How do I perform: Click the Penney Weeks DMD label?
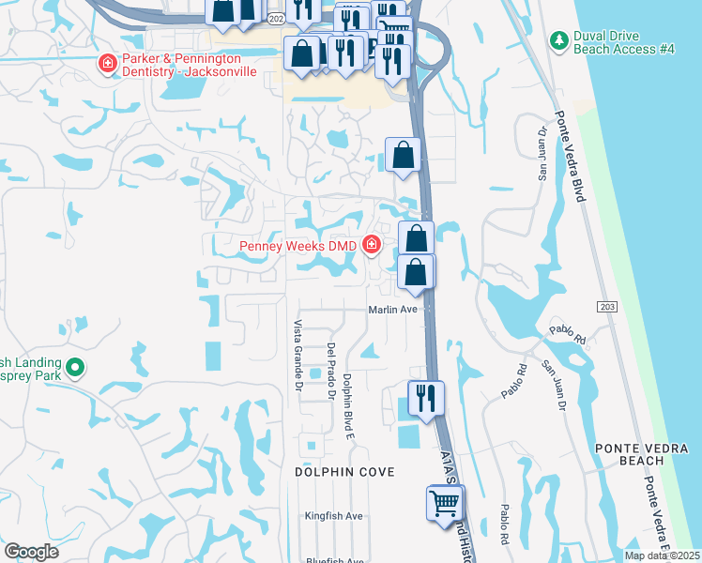298,247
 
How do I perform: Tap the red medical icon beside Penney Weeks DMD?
373,246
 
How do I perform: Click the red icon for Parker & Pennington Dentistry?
107,64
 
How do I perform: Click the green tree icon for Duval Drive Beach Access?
557,41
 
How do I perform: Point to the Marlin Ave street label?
392,309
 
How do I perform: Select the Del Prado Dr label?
331,371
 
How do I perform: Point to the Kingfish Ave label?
333,516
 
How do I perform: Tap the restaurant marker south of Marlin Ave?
425,399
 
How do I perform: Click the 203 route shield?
606,306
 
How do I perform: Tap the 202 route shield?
275,18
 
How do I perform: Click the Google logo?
31,552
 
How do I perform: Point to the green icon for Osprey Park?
76,367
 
